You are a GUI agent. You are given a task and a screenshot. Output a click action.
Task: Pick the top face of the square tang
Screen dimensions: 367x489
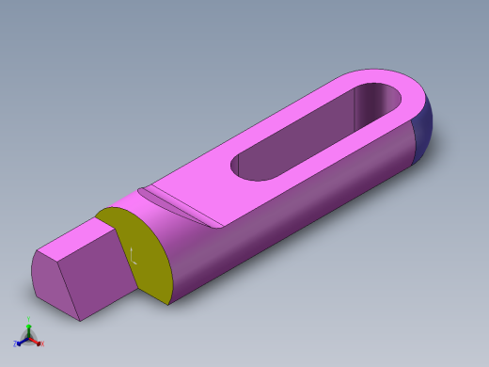80,240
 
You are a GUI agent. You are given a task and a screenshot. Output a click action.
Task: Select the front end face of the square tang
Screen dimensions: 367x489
55,282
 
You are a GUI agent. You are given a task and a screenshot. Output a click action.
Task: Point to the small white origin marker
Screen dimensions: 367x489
133,255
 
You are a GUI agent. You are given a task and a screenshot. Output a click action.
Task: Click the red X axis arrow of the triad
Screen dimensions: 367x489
36,340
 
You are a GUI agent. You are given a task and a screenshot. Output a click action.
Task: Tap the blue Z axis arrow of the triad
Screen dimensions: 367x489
22,340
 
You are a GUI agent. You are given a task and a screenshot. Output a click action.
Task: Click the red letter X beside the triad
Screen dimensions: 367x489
42,343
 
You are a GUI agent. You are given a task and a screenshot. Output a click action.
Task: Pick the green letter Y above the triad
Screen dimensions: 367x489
28,324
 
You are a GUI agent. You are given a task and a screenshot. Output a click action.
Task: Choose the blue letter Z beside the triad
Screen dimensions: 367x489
15,343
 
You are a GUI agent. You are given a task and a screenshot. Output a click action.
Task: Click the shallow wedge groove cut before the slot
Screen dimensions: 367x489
179,202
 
